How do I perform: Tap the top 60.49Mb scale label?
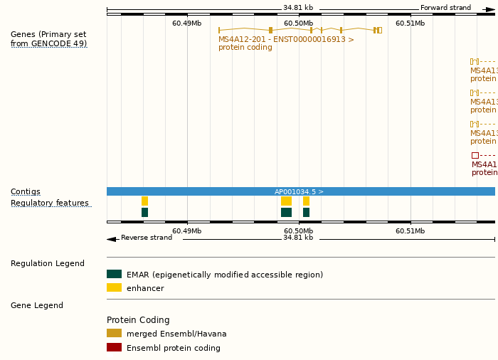(186, 23)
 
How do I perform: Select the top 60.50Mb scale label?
(298, 23)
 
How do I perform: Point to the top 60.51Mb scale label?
(410, 23)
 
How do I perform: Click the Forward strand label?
(445, 8)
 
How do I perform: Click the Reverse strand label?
(146, 238)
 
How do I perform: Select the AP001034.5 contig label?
(299, 192)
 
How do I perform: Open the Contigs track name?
(26, 192)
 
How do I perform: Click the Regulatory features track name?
(50, 203)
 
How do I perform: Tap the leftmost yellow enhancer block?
(144, 201)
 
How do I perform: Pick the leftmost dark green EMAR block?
(144, 212)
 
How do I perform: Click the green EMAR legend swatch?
(114, 274)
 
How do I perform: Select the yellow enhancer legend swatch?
(114, 287)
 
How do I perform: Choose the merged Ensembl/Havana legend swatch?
(114, 333)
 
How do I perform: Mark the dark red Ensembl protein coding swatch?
(114, 347)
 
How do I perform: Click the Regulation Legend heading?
(48, 264)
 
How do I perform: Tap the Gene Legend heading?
(37, 306)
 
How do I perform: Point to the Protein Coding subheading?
(138, 320)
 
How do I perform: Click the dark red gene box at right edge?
(475, 155)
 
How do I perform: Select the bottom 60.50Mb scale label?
(298, 231)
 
